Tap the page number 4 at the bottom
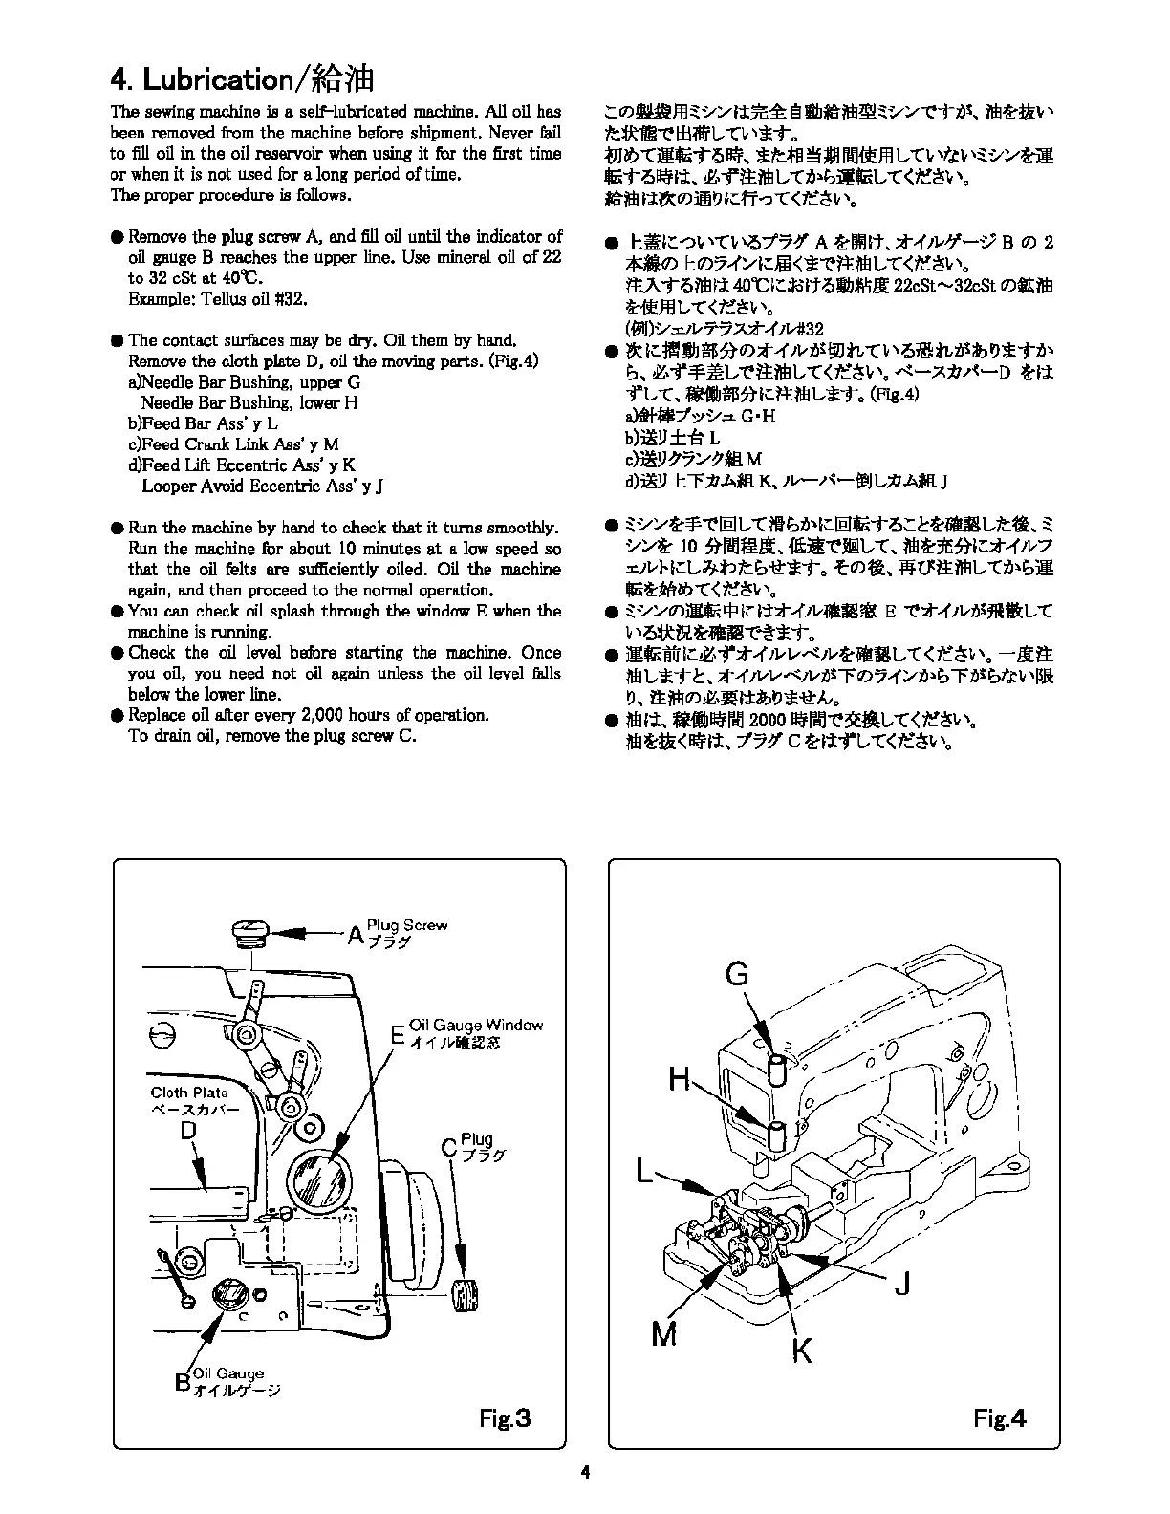[585, 1473]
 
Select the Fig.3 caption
[505, 1417]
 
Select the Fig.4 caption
[1000, 1417]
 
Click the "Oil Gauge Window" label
[475, 1026]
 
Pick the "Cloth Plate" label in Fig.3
[189, 1092]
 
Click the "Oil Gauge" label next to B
[228, 1373]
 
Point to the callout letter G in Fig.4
[737, 974]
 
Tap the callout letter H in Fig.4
[680, 1080]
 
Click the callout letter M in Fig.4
[664, 1332]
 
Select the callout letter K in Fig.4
[802, 1350]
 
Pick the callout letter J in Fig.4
[901, 1284]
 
